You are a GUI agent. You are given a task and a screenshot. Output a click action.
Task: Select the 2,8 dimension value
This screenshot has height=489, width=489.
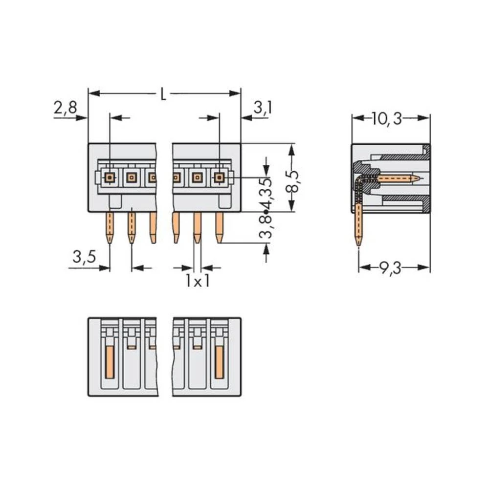(65, 108)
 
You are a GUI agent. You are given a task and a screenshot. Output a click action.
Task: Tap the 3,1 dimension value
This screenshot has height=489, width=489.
(263, 108)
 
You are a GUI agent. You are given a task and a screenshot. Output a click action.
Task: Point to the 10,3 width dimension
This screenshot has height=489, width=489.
(386, 118)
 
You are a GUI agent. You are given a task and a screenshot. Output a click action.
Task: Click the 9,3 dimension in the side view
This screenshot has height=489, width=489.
(390, 268)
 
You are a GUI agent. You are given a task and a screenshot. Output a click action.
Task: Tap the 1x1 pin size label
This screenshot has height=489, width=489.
(197, 282)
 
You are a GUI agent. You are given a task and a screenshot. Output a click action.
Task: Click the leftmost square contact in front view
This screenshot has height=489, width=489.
(110, 177)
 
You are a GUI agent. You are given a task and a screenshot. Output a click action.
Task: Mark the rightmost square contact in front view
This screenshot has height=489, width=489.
(219, 177)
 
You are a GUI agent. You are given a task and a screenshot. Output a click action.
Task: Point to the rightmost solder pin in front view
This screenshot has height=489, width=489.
(219, 227)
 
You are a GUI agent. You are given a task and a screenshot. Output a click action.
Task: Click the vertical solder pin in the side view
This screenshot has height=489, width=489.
(359, 225)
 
